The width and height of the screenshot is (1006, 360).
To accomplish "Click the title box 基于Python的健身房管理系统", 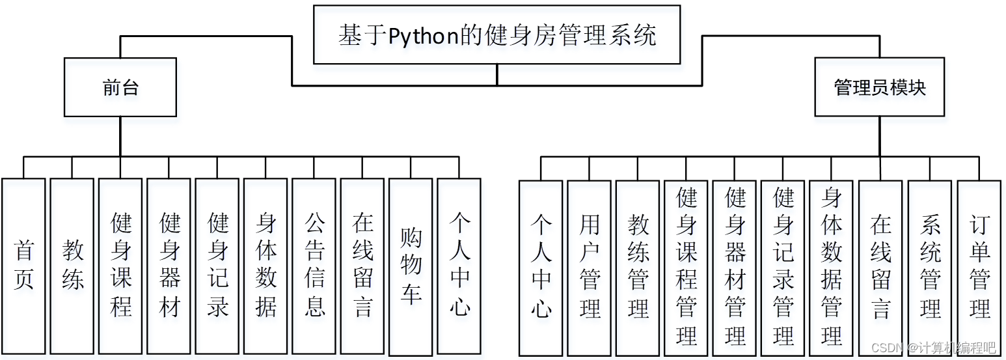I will tap(496, 35).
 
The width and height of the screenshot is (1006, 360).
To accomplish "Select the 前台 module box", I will tap(120, 87).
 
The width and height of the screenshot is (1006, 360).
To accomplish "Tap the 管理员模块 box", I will tap(879, 87).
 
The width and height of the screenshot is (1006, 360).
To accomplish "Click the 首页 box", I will tap(23, 266).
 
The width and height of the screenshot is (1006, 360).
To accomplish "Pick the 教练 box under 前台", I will tap(72, 266).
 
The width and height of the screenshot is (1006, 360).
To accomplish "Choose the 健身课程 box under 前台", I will tap(120, 266).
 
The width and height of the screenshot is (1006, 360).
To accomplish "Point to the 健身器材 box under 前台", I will tap(169, 266).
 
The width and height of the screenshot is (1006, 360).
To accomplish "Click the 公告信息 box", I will tap(314, 266).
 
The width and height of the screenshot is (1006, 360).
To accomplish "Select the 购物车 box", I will tap(411, 266).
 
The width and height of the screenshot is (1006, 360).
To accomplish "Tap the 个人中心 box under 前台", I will tap(459, 266).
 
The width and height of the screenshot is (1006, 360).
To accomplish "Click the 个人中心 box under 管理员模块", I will tap(541, 268).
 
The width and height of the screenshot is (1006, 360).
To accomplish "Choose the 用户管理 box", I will tap(590, 268).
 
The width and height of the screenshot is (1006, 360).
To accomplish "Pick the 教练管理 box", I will tap(638, 268).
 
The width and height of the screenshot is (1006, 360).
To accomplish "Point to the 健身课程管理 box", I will tap(687, 268).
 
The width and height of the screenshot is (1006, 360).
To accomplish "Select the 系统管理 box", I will tap(930, 268).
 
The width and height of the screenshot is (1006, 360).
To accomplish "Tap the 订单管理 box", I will tap(979, 268).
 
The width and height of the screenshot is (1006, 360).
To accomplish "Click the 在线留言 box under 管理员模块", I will tap(880, 268).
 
